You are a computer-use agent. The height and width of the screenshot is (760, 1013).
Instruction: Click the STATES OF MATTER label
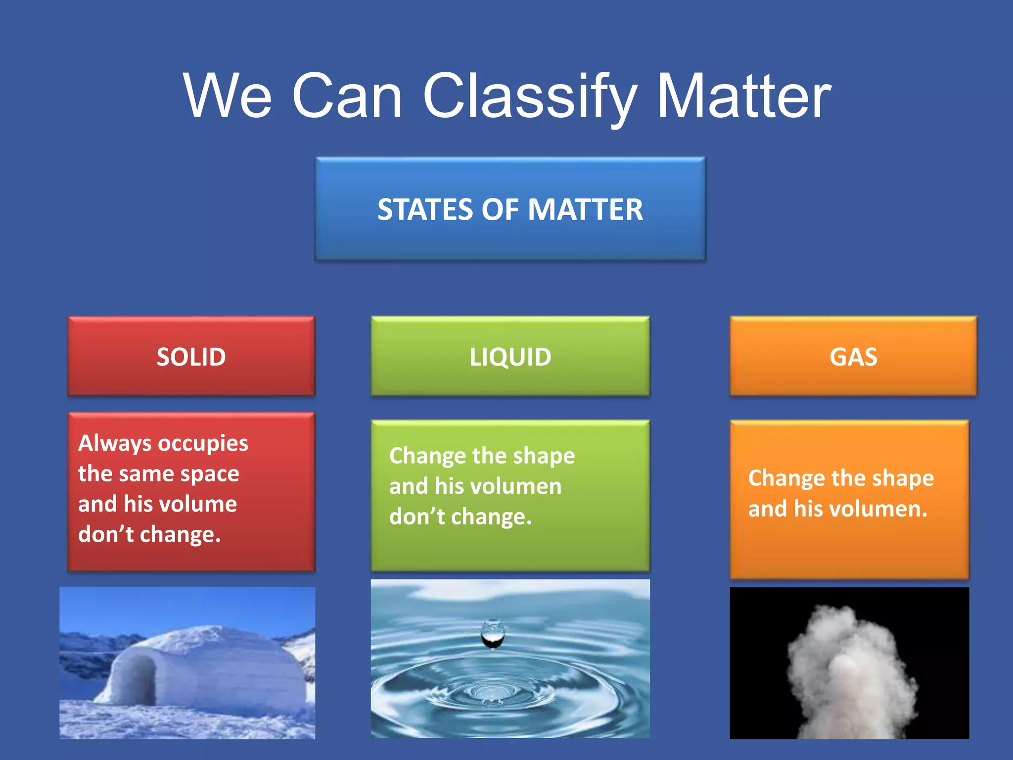(x=510, y=209)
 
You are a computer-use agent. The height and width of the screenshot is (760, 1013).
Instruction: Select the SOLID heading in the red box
(x=191, y=357)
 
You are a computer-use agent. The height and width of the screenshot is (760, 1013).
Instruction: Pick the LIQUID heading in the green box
(x=510, y=357)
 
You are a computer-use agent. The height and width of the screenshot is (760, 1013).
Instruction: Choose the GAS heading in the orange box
(x=853, y=357)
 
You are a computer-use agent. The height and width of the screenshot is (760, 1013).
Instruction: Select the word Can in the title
(x=347, y=96)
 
